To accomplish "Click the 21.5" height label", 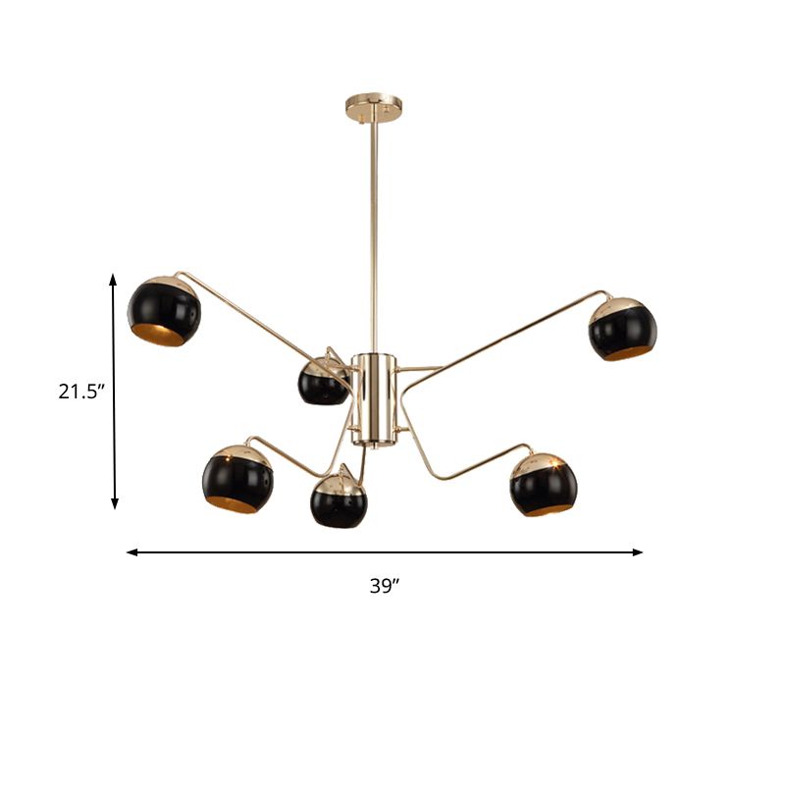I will (x=81, y=392).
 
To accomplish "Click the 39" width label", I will (x=386, y=587).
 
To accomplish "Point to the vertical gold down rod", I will (x=373, y=226).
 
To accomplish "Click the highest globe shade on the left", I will (x=164, y=311).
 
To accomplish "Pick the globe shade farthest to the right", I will (x=622, y=328).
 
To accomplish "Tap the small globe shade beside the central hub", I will (x=323, y=381).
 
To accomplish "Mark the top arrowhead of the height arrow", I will (x=114, y=280).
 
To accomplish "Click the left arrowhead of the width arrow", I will (x=131, y=552).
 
